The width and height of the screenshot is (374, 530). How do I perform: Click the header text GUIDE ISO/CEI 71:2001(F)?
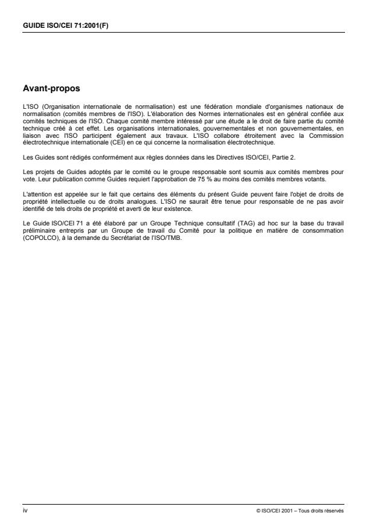(x=63, y=25)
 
